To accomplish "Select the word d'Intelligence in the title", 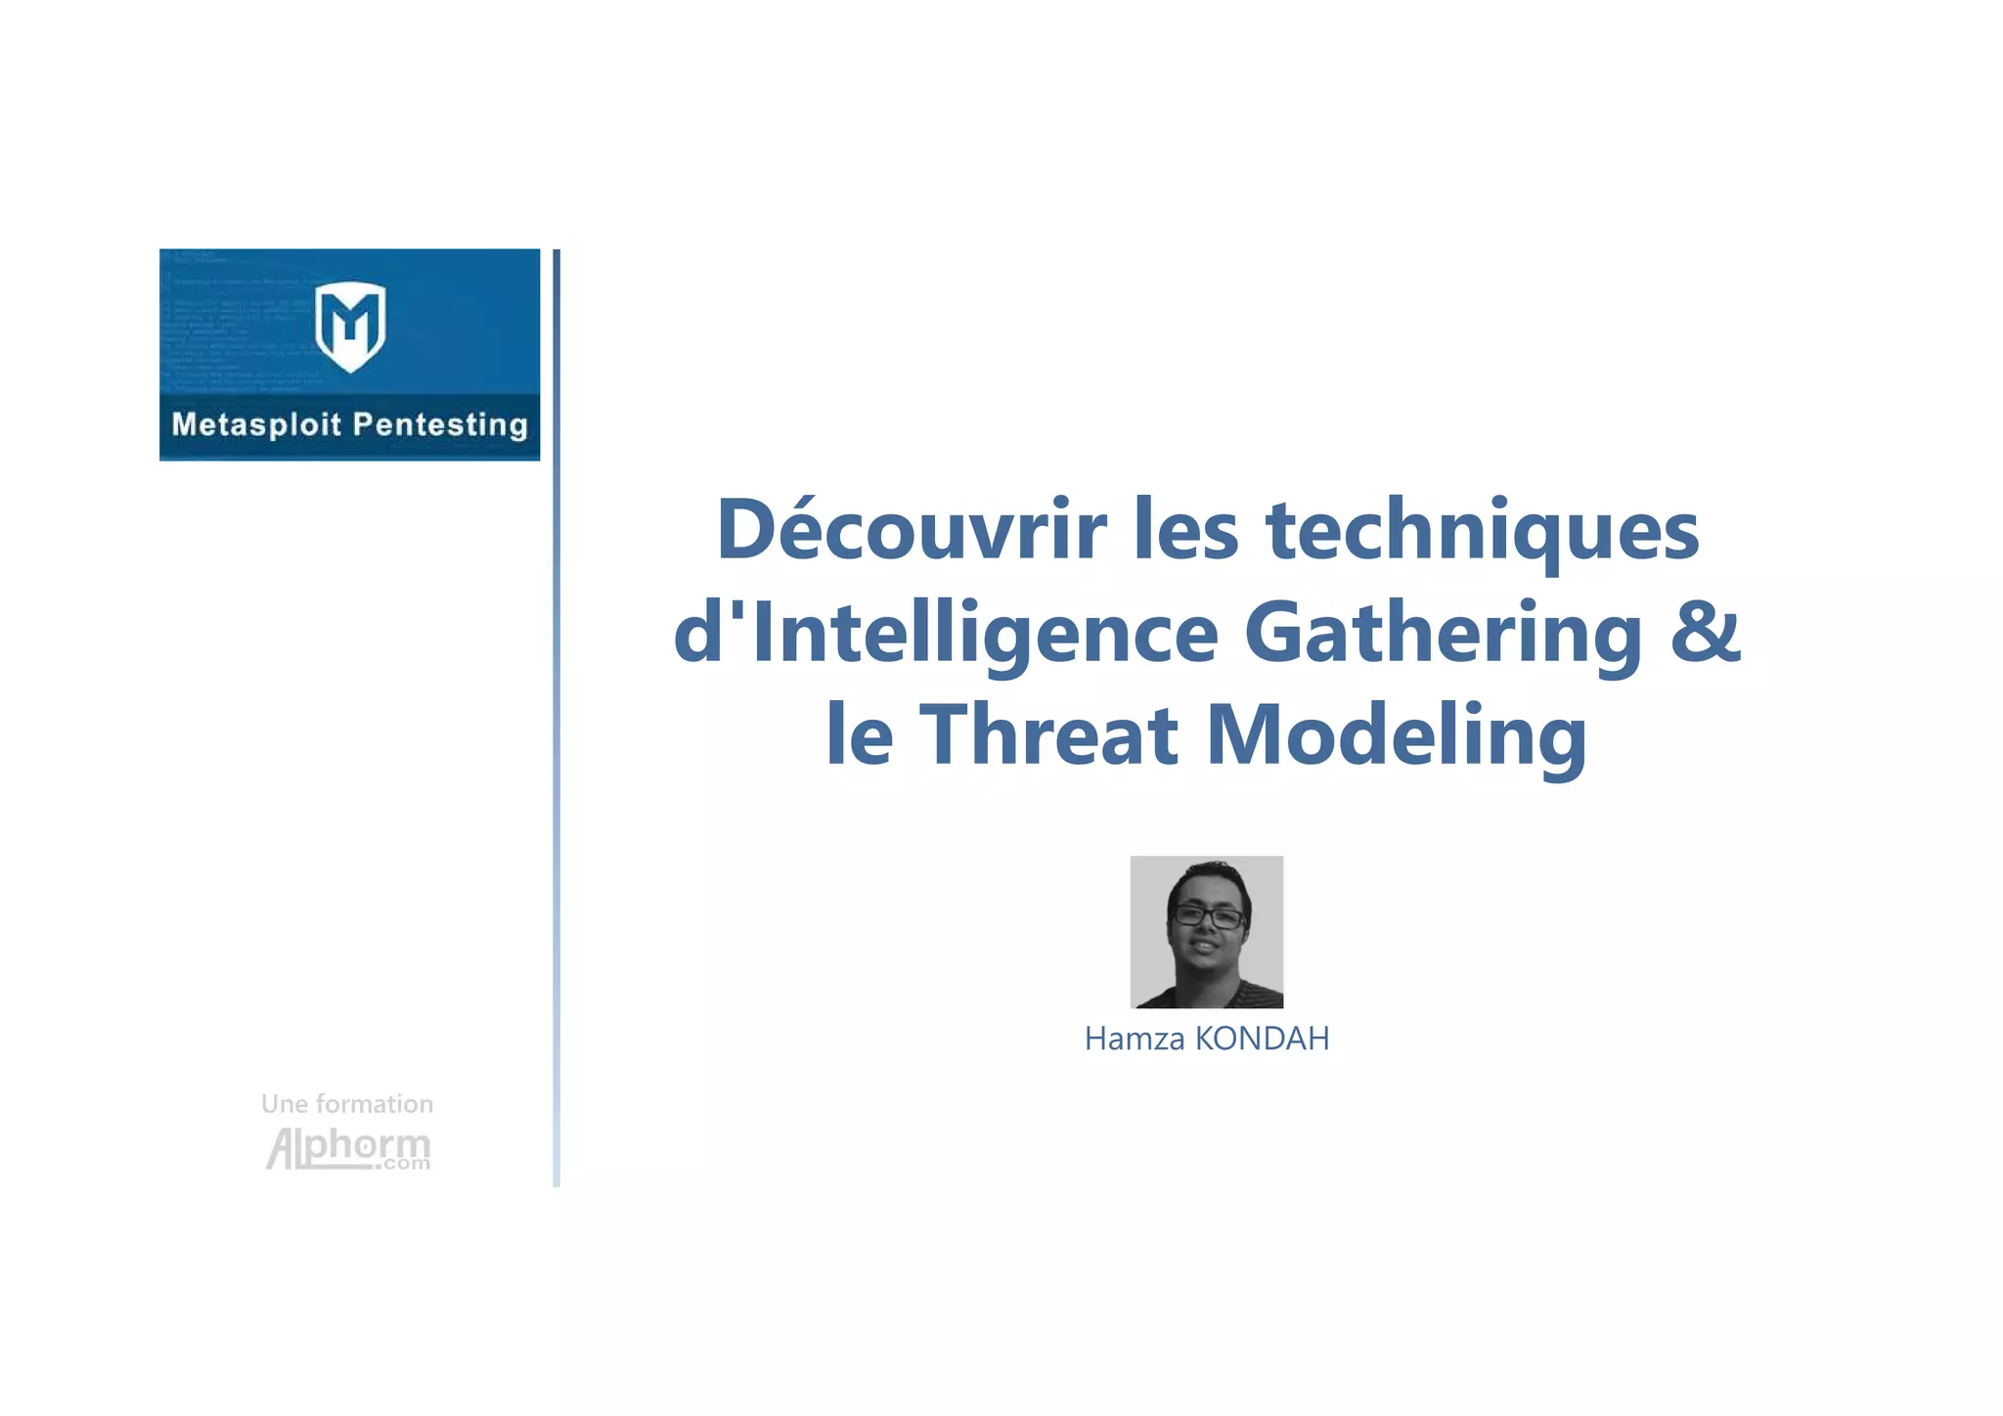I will click(946, 634).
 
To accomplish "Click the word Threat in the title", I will click(1048, 735).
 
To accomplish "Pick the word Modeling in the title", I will click(1397, 735).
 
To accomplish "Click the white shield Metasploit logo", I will click(350, 326).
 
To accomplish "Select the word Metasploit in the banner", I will click(256, 424).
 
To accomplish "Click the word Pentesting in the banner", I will click(440, 424).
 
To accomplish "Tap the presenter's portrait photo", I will click(1206, 931).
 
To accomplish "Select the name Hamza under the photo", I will click(1135, 1039).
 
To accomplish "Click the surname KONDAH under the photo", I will click(1262, 1039).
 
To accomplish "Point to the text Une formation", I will click(347, 1104).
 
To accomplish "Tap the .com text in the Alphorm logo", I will click(404, 1164).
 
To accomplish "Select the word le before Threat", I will click(860, 735).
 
